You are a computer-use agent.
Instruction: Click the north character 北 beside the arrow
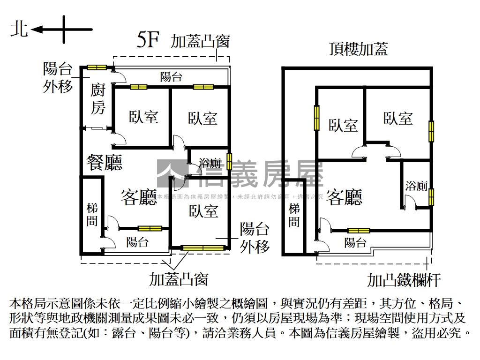[19, 30]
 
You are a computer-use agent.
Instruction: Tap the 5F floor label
[148, 41]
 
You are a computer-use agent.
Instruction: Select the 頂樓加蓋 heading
[358, 49]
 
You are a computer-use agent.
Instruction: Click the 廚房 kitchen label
[98, 98]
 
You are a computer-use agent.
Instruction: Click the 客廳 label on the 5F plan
[139, 197]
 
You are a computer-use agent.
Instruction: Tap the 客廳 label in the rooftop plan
[345, 197]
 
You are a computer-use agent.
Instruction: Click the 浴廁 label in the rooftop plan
[416, 186]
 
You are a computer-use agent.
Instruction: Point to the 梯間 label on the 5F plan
[92, 214]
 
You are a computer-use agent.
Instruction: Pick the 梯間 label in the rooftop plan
[294, 215]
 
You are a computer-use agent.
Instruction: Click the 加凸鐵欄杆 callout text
[404, 280]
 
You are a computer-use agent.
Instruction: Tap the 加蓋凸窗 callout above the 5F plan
[200, 41]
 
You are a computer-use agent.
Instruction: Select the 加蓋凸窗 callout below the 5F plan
[179, 280]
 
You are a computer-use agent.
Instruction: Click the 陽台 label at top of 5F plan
[171, 77]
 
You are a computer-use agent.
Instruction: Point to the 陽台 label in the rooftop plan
[355, 242]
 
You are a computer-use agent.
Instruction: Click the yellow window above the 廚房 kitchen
[97, 67]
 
